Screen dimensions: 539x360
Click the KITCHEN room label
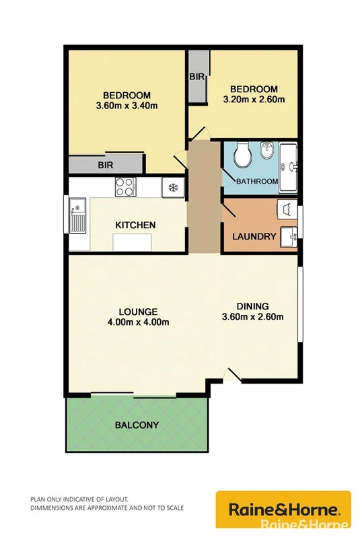coord(136,225)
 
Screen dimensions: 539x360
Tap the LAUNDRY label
coord(254,236)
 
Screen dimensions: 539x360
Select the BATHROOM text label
coord(256,182)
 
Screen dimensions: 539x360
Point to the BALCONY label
coord(137,425)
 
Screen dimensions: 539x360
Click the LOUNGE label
coord(138,312)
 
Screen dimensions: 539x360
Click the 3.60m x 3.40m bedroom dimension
coord(127,106)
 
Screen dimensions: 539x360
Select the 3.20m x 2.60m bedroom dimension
coord(254,100)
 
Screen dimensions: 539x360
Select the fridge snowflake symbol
coord(172,186)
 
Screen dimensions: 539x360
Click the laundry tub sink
coord(289,237)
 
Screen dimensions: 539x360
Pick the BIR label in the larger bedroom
coord(105,164)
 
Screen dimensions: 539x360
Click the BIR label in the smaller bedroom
coord(196,77)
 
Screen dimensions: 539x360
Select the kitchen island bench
coord(132,241)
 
